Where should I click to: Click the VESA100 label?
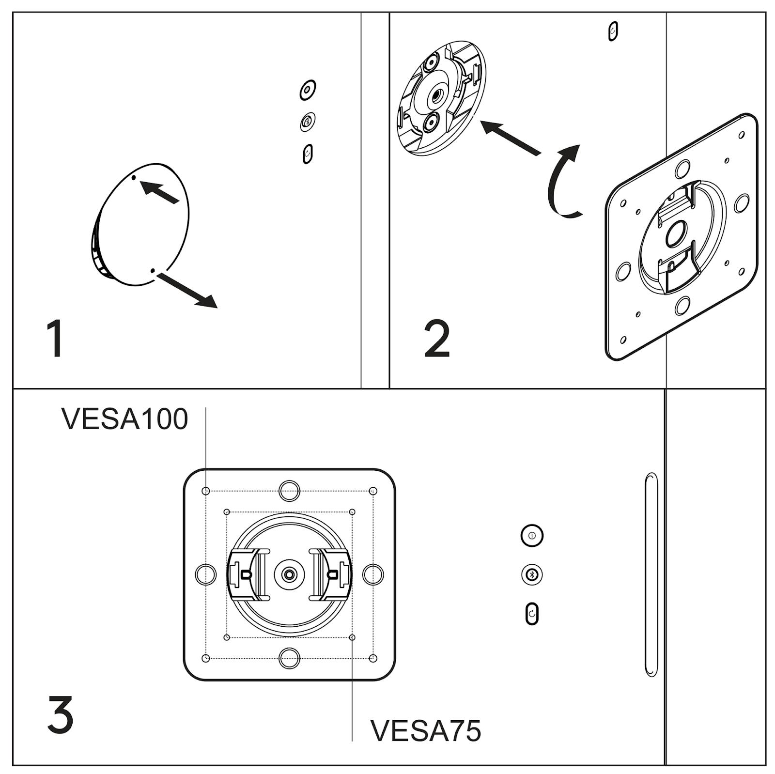(x=124, y=419)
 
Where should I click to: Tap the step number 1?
(x=56, y=339)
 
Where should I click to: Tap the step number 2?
(x=437, y=340)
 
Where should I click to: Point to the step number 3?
(x=61, y=714)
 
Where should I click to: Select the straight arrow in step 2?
(x=511, y=138)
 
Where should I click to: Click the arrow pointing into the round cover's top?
(x=160, y=191)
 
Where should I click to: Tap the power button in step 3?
(x=532, y=536)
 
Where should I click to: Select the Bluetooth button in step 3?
(x=532, y=575)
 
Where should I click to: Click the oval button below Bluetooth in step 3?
(x=532, y=614)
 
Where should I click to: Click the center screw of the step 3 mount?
(x=289, y=574)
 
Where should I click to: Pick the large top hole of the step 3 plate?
(x=289, y=491)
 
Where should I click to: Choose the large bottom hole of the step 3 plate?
(x=289, y=658)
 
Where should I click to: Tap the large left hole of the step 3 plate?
(x=205, y=574)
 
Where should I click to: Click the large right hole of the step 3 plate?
(x=373, y=574)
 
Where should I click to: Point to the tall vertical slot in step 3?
(x=651, y=574)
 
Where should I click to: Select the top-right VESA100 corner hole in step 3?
(x=373, y=491)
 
